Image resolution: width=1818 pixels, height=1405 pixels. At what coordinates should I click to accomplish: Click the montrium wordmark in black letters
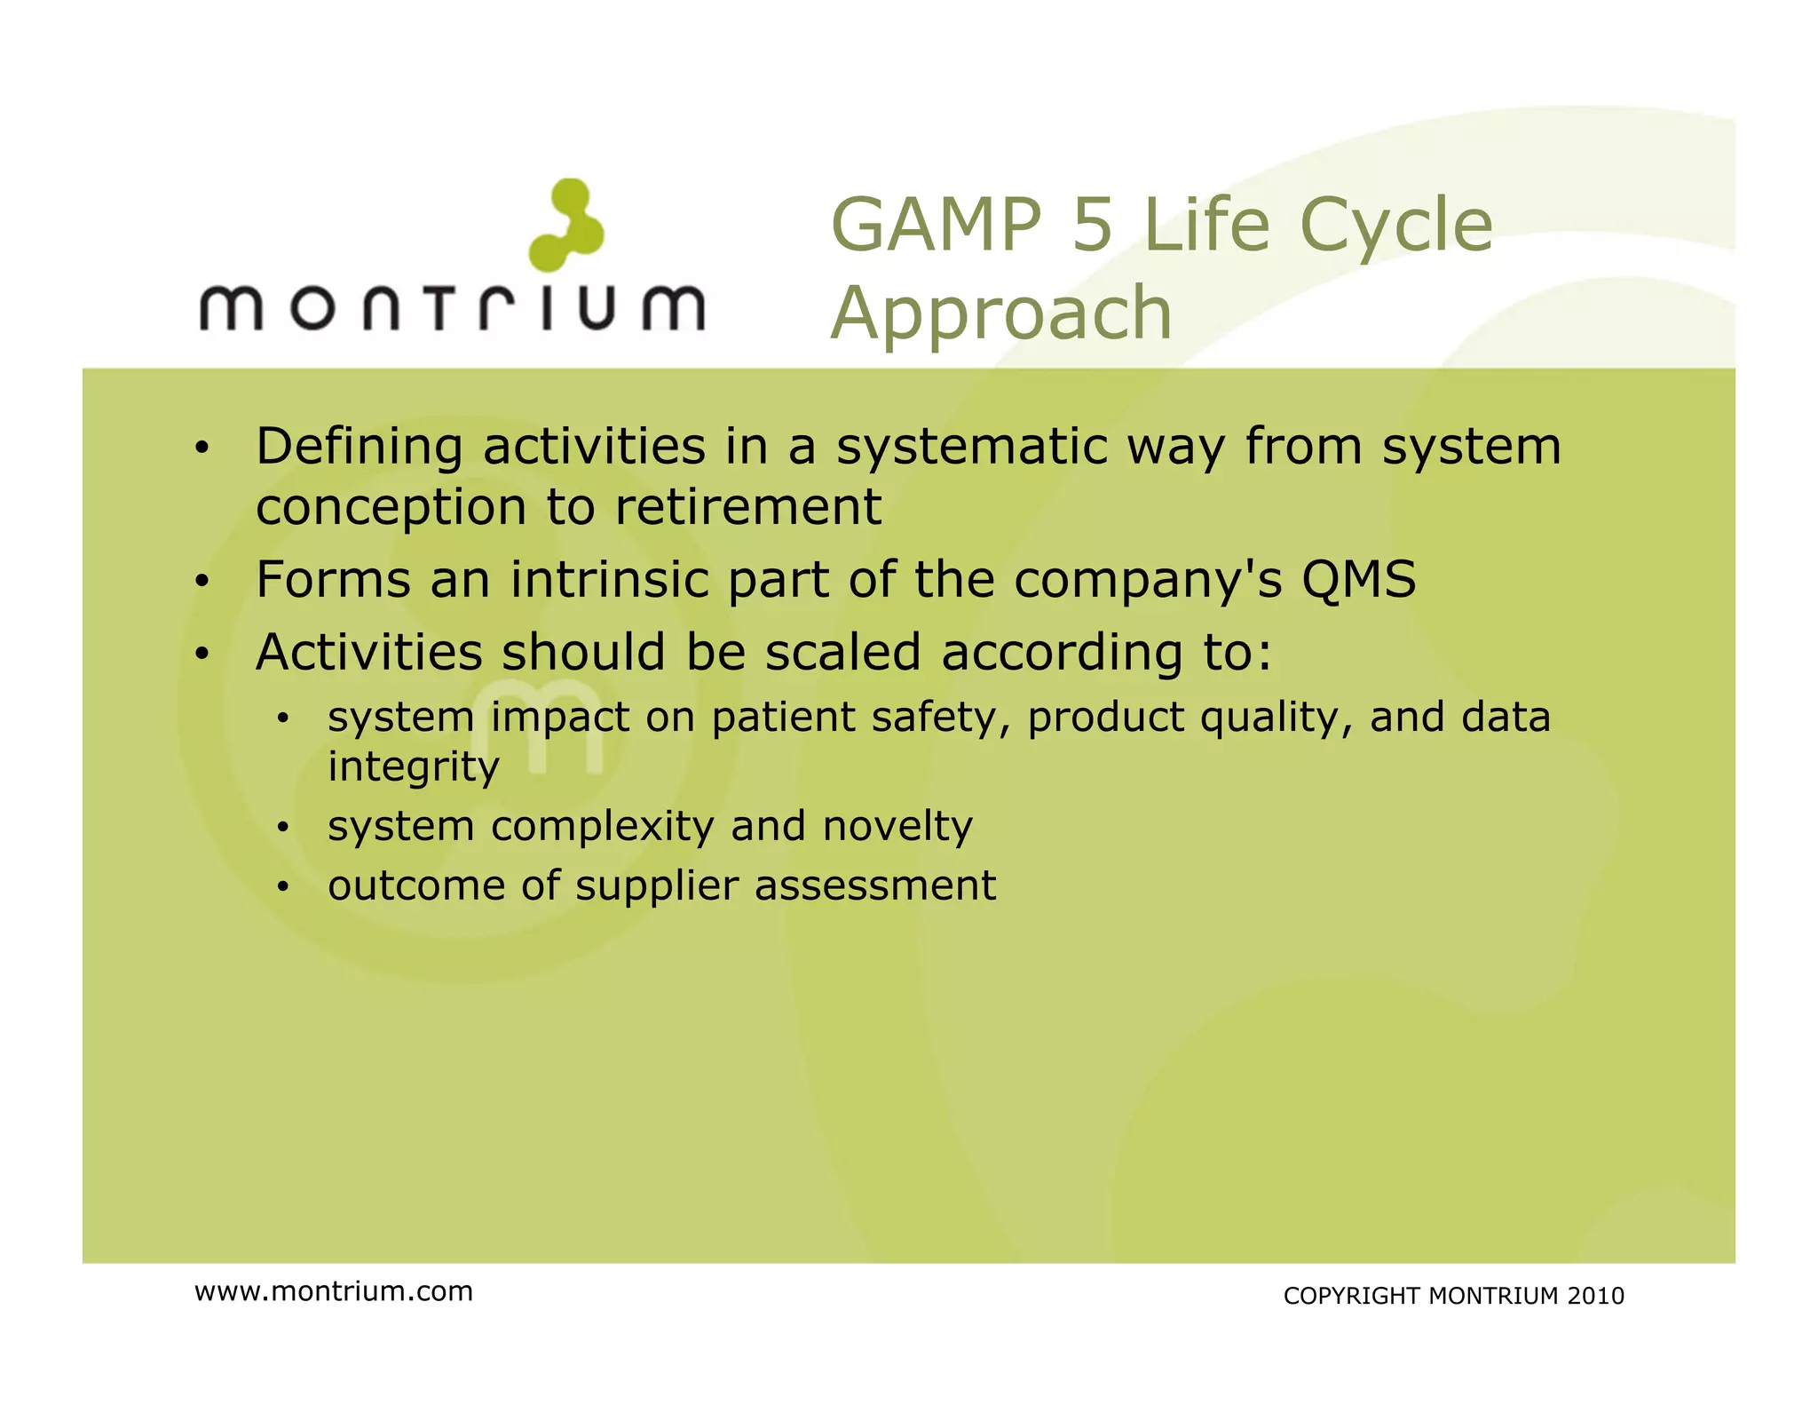(452, 308)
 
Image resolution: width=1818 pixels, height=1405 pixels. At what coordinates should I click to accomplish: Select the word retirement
(747, 507)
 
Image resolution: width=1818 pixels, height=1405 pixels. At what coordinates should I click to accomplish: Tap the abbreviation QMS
(1358, 580)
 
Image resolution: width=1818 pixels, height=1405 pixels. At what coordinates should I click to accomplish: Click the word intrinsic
(608, 580)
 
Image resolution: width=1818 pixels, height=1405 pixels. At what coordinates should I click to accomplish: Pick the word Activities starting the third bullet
(368, 653)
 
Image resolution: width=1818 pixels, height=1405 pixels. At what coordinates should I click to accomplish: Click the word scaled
(842, 653)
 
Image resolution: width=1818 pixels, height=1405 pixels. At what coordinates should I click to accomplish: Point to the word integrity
(413, 766)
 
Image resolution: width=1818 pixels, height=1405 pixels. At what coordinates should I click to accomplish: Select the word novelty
(897, 827)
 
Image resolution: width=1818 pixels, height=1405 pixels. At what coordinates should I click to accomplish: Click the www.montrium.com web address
(334, 1291)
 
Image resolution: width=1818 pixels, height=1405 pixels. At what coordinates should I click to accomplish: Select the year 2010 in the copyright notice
(1595, 1297)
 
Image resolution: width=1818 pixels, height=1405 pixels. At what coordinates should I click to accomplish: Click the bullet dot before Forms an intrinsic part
(202, 582)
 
